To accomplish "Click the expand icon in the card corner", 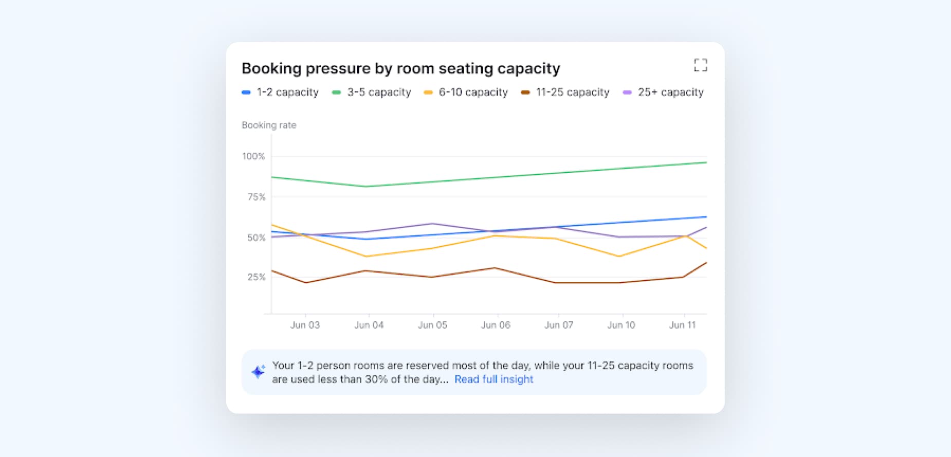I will pos(700,65).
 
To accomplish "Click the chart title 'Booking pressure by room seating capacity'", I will pos(400,68).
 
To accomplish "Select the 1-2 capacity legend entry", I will pos(280,93).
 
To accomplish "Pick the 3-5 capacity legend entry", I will pos(372,93).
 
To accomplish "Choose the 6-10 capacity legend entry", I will pos(466,93).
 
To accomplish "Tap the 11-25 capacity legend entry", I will pos(565,93).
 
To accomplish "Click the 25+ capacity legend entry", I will pos(663,93).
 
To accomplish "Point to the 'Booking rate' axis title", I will pos(269,125).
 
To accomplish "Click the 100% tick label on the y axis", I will pos(253,156).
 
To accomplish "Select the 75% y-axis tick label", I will pos(256,197).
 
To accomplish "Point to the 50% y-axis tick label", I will pos(256,238).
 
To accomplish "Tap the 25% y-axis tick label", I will pos(256,277).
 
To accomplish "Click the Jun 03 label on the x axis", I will pos(305,325).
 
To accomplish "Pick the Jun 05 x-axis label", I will pos(432,325).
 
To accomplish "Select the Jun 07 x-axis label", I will pos(558,325).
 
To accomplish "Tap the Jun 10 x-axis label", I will pos(621,325).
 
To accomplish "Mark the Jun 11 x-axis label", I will pos(682,325).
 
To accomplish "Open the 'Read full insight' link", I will pos(493,380).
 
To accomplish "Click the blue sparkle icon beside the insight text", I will pos(258,372).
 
